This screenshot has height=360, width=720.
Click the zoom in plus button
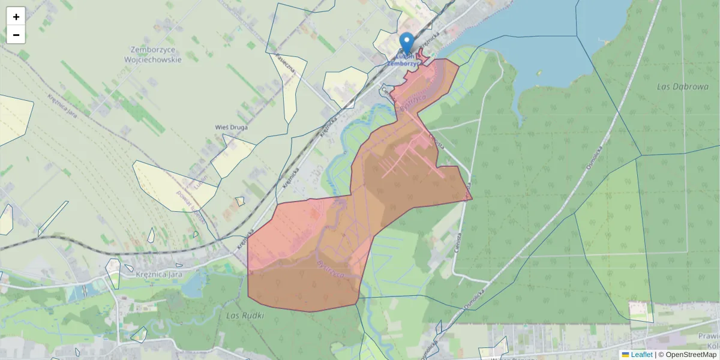(x=16, y=17)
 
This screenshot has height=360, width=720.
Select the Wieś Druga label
(x=232, y=127)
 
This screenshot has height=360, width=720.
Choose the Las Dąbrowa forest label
(x=683, y=86)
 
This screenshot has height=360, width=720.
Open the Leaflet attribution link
(x=641, y=355)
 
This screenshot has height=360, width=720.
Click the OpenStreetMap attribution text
(x=691, y=355)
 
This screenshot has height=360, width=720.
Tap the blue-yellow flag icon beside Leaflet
(x=625, y=355)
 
